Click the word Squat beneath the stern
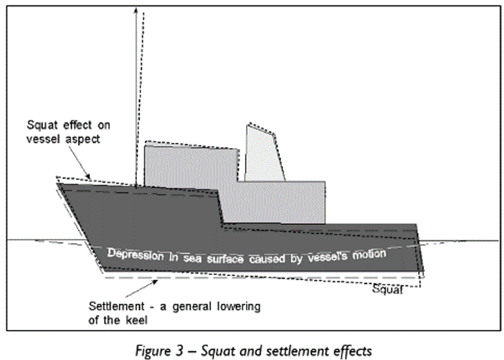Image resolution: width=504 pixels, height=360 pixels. (x=387, y=289)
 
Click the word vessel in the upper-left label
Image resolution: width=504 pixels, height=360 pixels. (x=41, y=139)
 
